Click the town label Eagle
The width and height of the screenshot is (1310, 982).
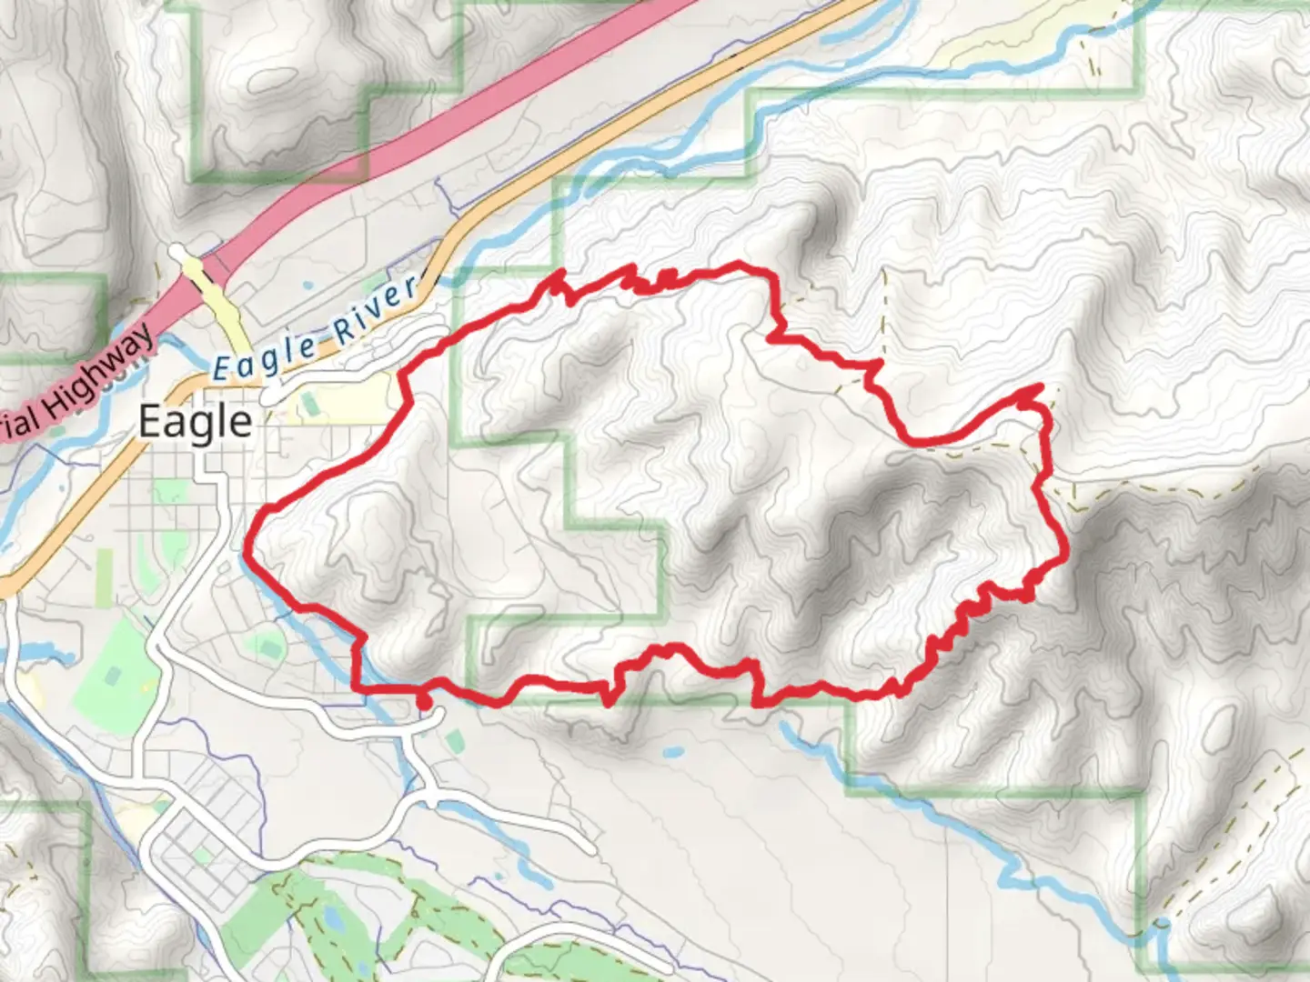coord(195,422)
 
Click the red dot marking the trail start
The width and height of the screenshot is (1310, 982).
coord(423,701)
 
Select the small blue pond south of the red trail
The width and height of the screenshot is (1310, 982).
coord(673,753)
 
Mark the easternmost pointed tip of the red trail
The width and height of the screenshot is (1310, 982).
coord(1038,388)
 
